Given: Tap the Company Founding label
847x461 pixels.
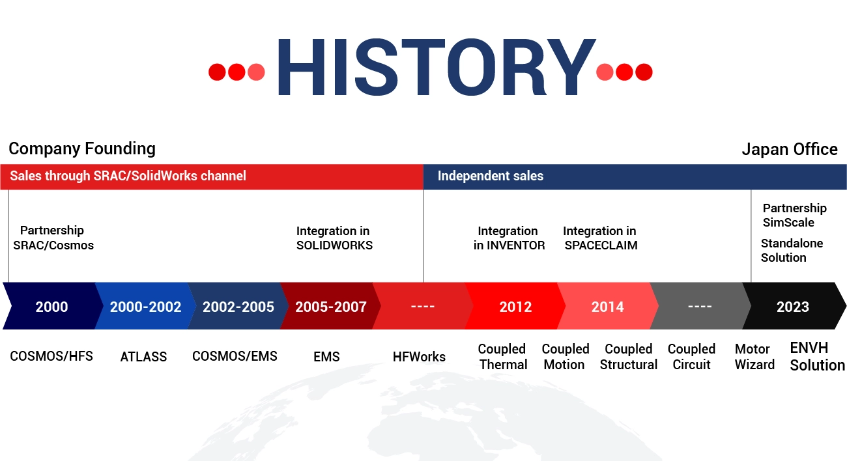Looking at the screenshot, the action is pos(82,149).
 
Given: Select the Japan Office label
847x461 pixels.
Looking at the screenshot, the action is pos(790,149).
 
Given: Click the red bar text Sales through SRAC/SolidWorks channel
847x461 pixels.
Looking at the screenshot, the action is pos(128,176).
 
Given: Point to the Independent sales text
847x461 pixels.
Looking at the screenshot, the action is pos(491,176).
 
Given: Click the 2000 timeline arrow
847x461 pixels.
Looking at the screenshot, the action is pos(52,306).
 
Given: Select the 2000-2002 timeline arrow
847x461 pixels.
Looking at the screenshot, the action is pos(145,306).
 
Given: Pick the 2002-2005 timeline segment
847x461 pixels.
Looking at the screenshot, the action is pos(238,306).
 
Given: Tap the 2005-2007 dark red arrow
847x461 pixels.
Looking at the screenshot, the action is pos(331,306).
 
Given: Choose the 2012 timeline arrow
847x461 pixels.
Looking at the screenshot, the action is pos(515,306).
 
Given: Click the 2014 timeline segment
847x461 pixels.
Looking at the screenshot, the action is pos(608,306).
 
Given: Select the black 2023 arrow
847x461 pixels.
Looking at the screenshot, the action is pos(793,306).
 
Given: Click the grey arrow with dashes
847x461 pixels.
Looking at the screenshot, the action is pos(700,306).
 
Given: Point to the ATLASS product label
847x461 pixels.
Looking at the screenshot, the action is pos(143,357).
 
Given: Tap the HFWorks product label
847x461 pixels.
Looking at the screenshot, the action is pos(419,357).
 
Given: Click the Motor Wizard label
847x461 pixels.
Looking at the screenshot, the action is pos(754,357).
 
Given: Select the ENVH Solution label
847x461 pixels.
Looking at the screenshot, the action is pos(817,357).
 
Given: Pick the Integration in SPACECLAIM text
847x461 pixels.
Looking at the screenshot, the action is pos(600,238).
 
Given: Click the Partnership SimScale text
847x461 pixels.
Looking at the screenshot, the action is pos(794,216).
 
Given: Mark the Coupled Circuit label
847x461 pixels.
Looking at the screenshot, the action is pos(691,357).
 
